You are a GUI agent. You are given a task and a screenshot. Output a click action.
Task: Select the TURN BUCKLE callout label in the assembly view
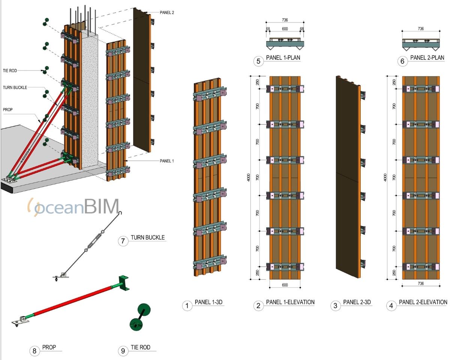[x=15, y=87]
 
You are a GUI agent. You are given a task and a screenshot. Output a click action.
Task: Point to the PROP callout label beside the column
[x=8, y=110]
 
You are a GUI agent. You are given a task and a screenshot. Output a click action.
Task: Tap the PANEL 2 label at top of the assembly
[x=166, y=12]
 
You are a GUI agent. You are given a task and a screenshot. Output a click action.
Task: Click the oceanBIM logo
[x=73, y=207]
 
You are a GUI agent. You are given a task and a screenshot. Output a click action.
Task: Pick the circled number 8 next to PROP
[x=34, y=351]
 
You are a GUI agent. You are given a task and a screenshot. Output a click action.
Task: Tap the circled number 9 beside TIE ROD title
[x=123, y=351]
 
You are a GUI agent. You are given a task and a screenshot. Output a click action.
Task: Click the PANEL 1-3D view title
[x=209, y=302]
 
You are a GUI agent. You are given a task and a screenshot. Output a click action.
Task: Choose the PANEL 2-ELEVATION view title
[x=423, y=302]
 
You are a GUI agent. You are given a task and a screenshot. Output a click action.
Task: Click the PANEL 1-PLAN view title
[x=282, y=58]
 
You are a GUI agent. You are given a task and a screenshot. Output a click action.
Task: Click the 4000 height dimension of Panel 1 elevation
[x=248, y=177]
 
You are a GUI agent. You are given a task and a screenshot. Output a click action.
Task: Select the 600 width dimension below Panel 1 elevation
[x=285, y=285]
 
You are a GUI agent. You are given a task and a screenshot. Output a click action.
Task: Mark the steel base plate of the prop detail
[x=18, y=321]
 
